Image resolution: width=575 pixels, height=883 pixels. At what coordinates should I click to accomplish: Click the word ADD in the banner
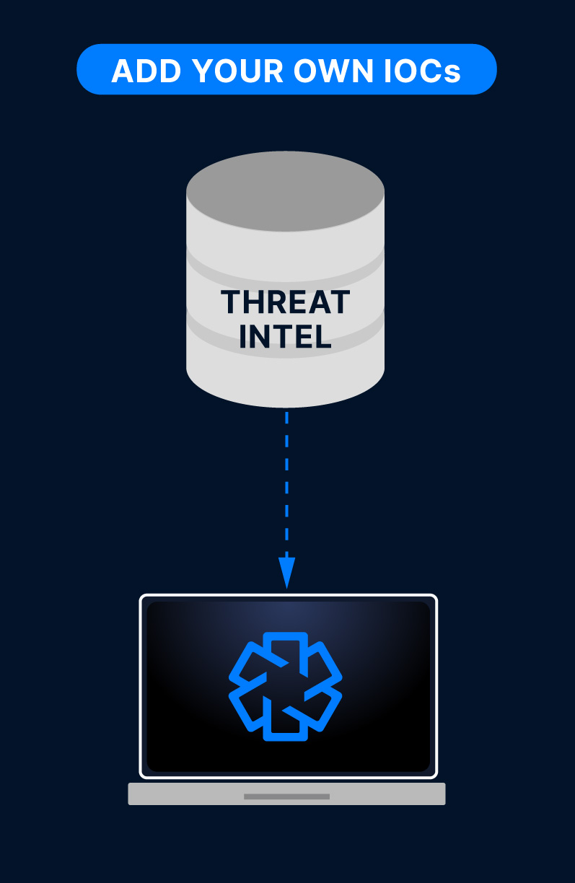[x=146, y=71]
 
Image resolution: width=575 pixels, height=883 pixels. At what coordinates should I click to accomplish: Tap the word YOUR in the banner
[x=237, y=71]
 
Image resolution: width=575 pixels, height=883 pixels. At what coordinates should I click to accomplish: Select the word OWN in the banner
[x=333, y=71]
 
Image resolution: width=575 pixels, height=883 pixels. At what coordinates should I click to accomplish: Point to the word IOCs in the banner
[x=423, y=71]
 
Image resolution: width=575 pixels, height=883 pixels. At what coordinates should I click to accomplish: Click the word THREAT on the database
[x=285, y=302]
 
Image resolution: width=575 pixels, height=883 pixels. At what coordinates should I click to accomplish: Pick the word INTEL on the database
[x=285, y=336]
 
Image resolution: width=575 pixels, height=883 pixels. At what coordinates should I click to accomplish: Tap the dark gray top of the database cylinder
[x=285, y=191]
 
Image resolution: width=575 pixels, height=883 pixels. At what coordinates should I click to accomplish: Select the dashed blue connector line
[x=287, y=485]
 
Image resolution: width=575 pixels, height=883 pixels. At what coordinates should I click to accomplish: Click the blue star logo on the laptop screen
[x=285, y=686]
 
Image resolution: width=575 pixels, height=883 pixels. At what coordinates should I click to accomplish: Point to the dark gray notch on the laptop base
[x=287, y=796]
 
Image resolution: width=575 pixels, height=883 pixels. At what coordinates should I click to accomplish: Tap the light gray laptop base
[x=287, y=794]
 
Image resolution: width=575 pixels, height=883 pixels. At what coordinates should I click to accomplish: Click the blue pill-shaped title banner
[x=287, y=69]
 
